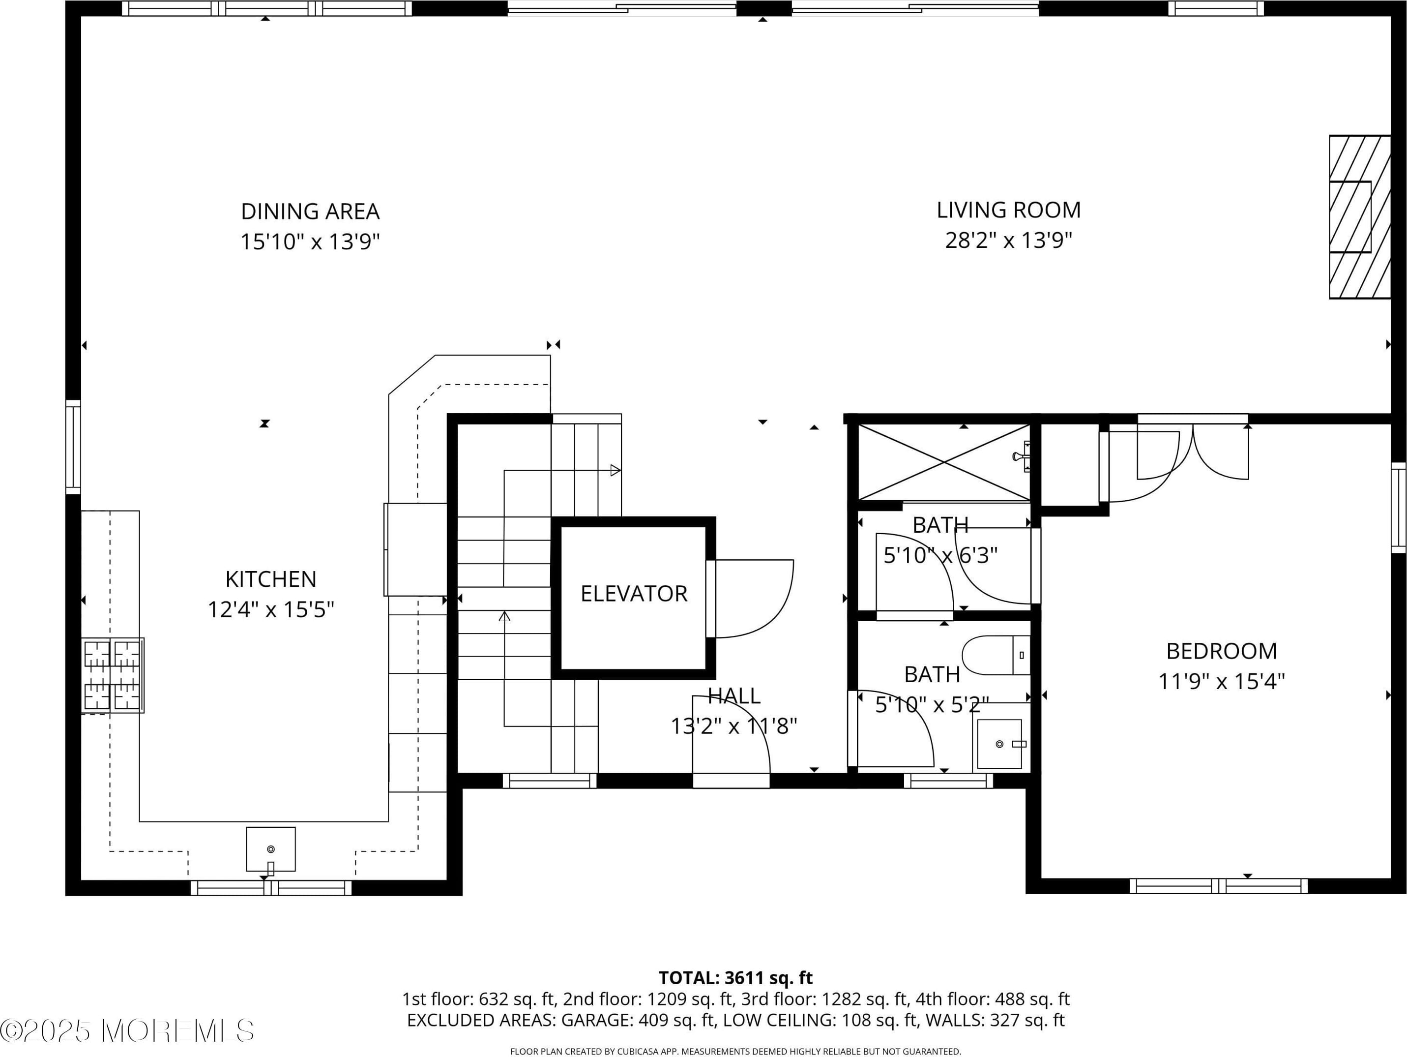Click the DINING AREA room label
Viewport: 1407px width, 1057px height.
(310, 211)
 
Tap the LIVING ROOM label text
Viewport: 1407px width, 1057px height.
(1008, 210)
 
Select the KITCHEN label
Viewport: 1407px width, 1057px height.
(271, 579)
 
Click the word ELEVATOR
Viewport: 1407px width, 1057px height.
(634, 594)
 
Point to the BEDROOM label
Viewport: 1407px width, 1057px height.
(1221, 651)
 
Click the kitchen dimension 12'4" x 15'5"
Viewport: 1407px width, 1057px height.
(271, 609)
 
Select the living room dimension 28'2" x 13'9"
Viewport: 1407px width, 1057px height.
(1008, 241)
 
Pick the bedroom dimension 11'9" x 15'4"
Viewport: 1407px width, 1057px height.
(1221, 682)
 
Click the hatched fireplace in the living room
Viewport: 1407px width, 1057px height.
(1359, 226)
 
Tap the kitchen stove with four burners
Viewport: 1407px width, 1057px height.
(113, 675)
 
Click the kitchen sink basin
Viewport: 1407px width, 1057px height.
(271, 849)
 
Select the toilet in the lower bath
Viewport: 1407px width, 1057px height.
(996, 655)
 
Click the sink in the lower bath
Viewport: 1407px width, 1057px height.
(1000, 744)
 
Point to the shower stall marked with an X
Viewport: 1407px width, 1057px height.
(944, 462)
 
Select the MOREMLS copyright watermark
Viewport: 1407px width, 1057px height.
(127, 1031)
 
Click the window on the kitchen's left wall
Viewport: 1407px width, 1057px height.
(73, 447)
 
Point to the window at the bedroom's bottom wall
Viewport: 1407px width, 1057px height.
(1219, 886)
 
